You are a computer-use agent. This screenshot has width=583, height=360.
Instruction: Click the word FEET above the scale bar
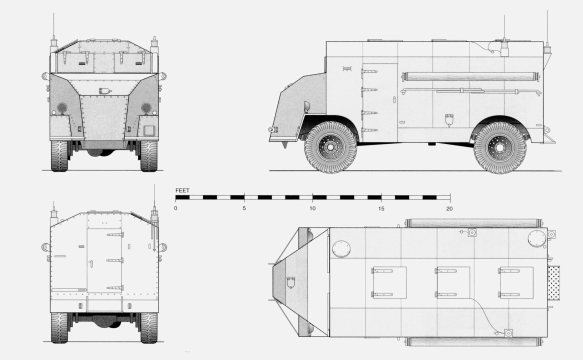(x=182, y=189)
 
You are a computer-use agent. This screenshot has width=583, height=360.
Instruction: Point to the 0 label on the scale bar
(x=176, y=208)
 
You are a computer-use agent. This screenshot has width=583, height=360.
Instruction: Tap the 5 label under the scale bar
(x=244, y=208)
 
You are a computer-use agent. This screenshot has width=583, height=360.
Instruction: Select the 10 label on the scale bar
(x=313, y=208)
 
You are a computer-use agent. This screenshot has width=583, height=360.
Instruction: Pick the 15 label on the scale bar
(x=381, y=208)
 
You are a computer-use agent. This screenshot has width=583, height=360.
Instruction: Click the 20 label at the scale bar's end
(x=449, y=208)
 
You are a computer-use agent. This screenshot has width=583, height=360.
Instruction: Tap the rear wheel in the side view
(x=499, y=147)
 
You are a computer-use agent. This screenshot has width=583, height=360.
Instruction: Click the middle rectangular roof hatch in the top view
(x=452, y=281)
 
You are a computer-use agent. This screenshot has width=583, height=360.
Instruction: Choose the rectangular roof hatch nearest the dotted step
(x=515, y=281)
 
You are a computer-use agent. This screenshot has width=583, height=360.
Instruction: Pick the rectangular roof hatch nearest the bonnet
(x=388, y=281)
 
